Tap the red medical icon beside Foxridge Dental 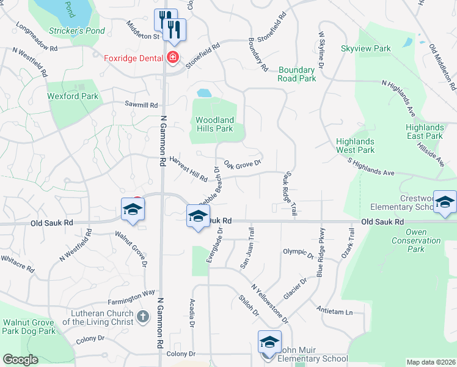[172, 58]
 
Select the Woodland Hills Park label [214, 124]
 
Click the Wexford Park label [73, 96]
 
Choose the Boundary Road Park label [298, 74]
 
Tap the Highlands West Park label [356, 146]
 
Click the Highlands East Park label [425, 132]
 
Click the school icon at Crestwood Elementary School [445, 202]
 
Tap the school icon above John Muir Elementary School [269, 343]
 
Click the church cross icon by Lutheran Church [143, 316]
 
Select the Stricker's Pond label [77, 31]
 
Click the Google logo [20, 360]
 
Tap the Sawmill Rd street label [141, 105]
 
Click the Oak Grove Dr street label [243, 163]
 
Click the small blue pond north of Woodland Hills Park [204, 94]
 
